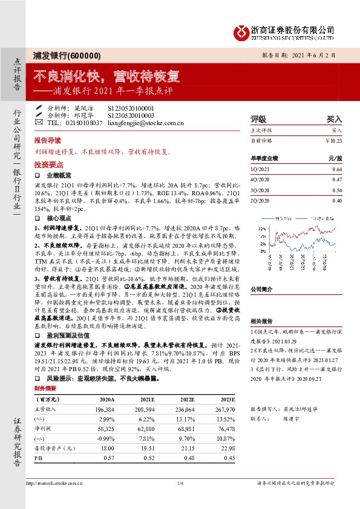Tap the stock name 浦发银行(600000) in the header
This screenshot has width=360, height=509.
pyautogui.click(x=66, y=55)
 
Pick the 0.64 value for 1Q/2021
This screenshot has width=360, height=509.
pyautogui.click(x=337, y=170)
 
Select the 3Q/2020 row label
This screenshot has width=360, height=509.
pyautogui.click(x=260, y=189)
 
